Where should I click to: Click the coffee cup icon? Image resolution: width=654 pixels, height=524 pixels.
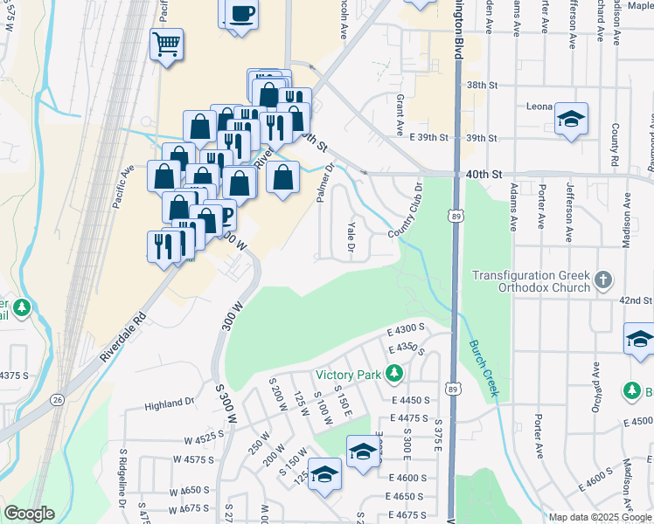point(240,14)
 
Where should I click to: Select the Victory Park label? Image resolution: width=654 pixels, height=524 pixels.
point(349,375)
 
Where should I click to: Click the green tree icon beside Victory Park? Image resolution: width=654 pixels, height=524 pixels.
point(394,375)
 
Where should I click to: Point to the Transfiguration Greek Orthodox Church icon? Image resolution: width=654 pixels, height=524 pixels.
point(602,280)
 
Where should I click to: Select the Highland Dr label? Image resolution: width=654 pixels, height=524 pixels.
point(169,403)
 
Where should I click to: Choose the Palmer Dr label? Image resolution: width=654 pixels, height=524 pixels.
point(325,183)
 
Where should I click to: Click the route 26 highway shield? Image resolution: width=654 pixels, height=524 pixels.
point(57,399)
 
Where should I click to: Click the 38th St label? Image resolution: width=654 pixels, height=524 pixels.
point(482,86)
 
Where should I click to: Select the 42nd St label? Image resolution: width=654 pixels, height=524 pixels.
point(637,300)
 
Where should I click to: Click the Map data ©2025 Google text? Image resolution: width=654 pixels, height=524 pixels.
point(601,517)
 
